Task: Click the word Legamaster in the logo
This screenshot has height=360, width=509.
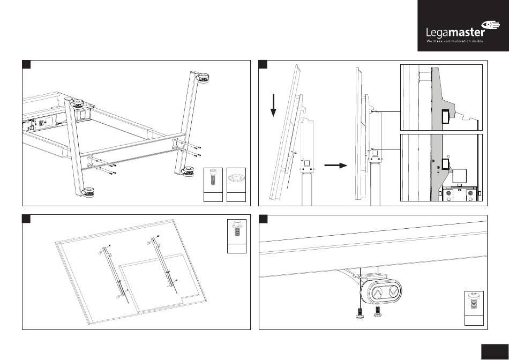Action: pos(455,33)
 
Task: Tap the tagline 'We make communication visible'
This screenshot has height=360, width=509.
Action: pos(455,41)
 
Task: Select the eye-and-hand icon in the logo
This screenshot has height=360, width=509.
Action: pos(490,25)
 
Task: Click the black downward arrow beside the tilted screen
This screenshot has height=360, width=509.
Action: pos(273,105)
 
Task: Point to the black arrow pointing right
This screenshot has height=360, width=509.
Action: pos(335,165)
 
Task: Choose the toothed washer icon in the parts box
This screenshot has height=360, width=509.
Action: pos(236,178)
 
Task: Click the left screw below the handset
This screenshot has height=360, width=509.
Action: pos(360,313)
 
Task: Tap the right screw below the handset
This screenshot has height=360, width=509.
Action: pos(378,312)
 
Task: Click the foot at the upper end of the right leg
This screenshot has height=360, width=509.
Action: pos(203,78)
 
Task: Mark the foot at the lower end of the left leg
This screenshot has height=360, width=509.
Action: pos(88,192)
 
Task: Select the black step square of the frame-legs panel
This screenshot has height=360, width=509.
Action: pos(26,64)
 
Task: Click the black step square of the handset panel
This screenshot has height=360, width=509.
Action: pos(263,219)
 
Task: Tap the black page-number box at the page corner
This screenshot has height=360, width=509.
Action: pos(495,352)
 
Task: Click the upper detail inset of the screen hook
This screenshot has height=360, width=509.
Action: pos(441,97)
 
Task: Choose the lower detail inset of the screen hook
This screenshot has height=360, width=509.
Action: pos(441,168)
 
